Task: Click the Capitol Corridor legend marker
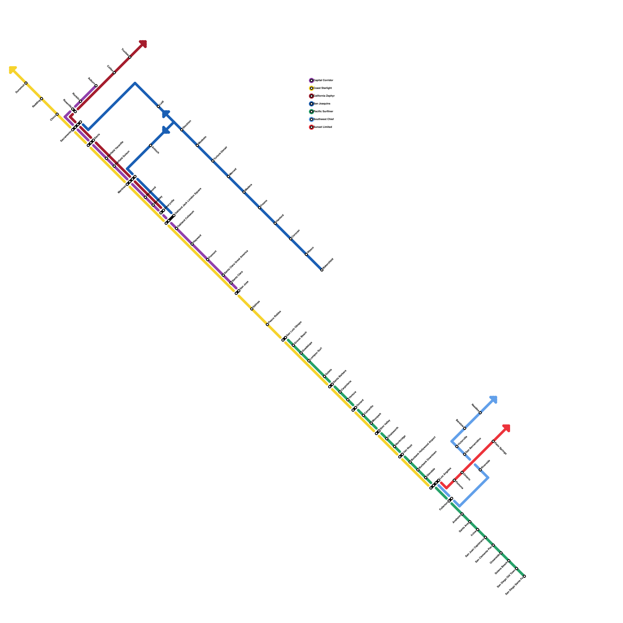tap(311, 81)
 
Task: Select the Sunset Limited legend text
tap(323, 127)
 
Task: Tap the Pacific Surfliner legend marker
tap(311, 112)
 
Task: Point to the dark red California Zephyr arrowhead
tap(143, 44)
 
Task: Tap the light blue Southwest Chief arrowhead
tap(494, 399)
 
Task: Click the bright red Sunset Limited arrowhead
tap(507, 428)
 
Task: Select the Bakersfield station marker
tap(322, 270)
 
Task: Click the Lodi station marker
tap(158, 106)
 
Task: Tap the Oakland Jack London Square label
tap(188, 201)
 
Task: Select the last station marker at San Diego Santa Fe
tap(524, 576)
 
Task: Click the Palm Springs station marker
tap(493, 441)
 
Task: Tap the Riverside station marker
tap(480, 470)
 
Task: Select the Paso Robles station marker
tap(268, 324)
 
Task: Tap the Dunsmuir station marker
tap(26, 83)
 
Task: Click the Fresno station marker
tap(260, 208)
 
